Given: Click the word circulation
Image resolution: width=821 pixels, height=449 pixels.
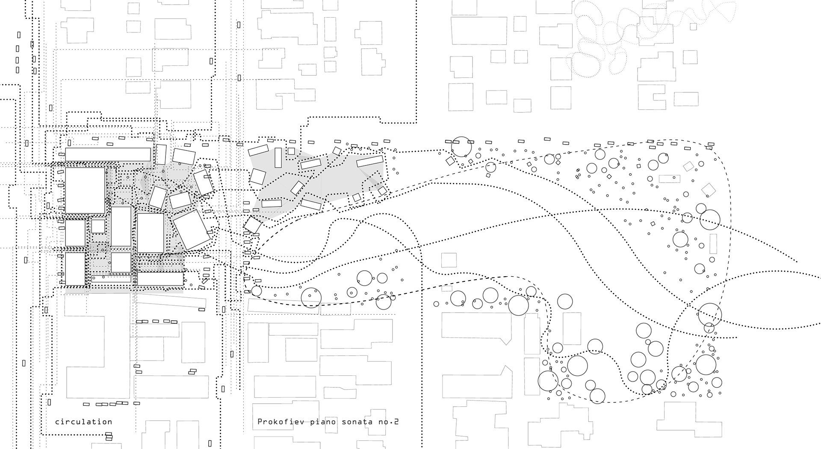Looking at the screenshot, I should (83, 422).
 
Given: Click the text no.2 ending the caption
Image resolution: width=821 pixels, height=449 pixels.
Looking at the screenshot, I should (390, 422).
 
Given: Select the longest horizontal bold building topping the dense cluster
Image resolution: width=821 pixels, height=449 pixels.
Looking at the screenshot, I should (108, 154).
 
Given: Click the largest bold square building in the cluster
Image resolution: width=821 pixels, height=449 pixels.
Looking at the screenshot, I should (85, 190).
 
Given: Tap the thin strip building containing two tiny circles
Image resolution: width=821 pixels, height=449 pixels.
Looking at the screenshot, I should (111, 279).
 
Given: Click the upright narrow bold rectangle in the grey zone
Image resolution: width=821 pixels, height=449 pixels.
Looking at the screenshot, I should (278, 158).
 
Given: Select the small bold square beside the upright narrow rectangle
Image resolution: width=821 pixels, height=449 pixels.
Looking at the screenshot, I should (291, 151).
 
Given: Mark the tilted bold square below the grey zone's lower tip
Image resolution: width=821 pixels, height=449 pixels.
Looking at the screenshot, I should (253, 225).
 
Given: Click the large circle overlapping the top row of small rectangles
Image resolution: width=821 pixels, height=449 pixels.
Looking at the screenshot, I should (461, 147).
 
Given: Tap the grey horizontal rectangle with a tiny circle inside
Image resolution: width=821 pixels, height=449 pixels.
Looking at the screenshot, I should (669, 178).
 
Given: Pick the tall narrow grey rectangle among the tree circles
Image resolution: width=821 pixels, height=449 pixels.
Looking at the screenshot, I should (713, 243).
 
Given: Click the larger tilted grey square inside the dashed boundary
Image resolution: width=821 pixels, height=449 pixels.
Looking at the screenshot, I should (709, 189).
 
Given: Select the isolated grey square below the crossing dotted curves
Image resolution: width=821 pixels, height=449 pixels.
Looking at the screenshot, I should (449, 260).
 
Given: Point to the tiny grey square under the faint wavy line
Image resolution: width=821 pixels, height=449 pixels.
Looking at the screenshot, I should (693, 27).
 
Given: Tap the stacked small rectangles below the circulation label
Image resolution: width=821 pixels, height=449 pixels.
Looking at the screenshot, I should (109, 436).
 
